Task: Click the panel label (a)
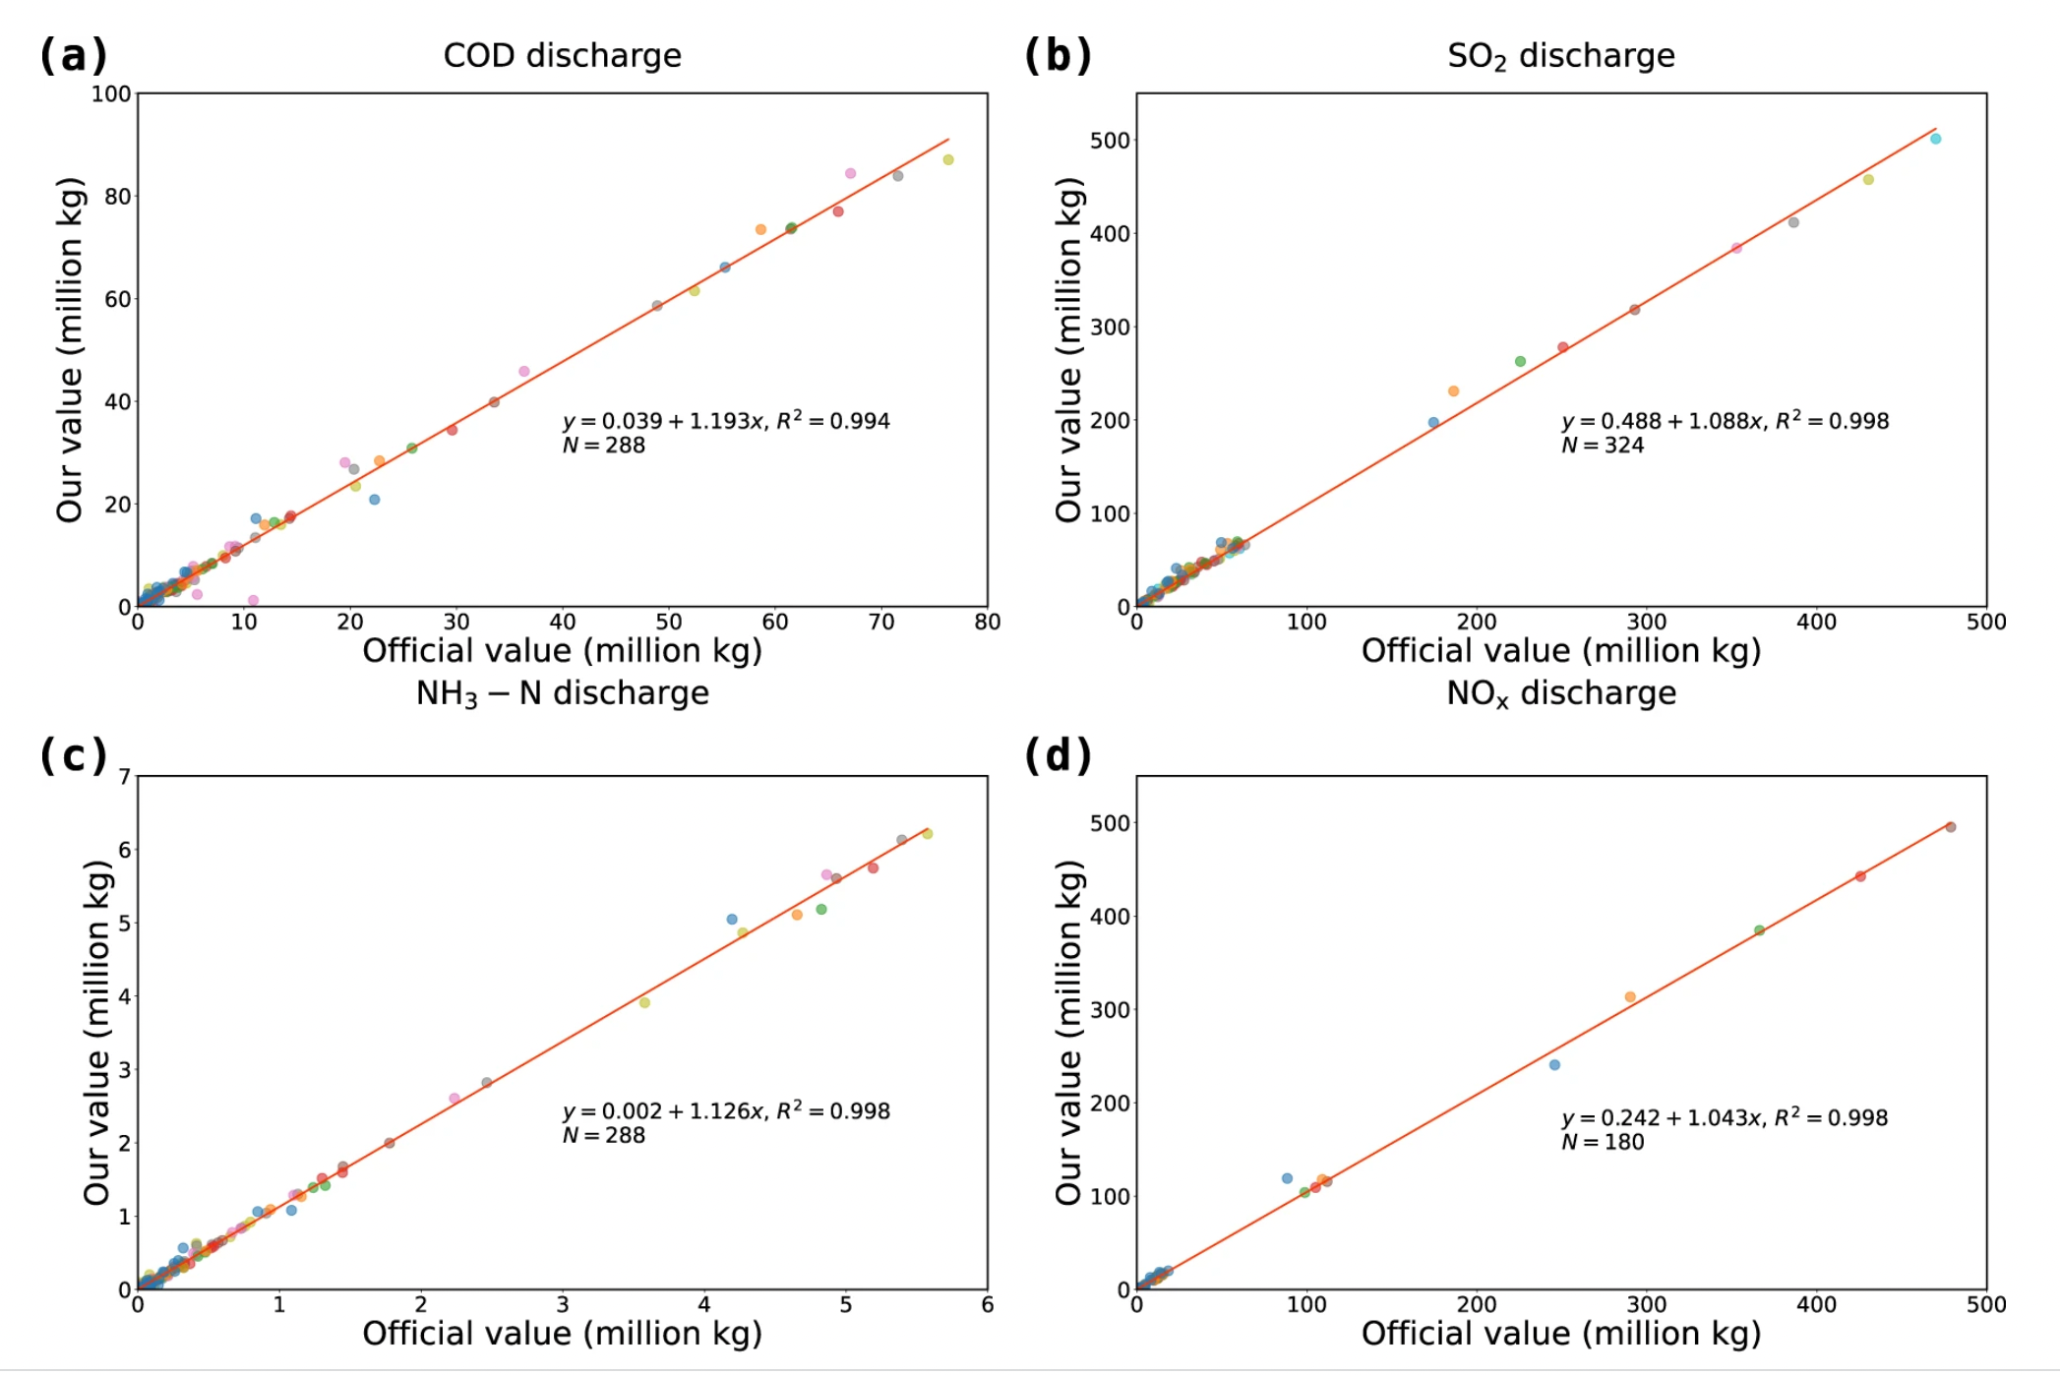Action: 73,55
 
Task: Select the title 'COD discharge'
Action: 562,55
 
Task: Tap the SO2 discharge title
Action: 1560,56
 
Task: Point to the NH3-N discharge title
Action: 562,693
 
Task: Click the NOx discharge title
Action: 1560,693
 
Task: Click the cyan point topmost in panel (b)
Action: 1935,139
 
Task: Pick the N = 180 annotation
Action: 1603,1142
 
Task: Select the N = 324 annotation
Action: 1603,446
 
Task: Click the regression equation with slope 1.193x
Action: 726,421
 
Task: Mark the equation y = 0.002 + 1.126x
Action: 726,1111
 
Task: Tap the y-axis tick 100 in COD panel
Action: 111,93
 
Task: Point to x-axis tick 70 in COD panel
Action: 881,622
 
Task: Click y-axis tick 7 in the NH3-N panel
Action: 125,777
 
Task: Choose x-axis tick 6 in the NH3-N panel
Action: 987,1305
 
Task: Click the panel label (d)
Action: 1058,755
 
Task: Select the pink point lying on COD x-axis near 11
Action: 253,600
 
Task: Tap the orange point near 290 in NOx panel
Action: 1630,997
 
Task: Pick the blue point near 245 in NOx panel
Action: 1554,1065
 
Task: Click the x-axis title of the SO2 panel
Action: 1560,650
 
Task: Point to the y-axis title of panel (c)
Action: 96,1033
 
